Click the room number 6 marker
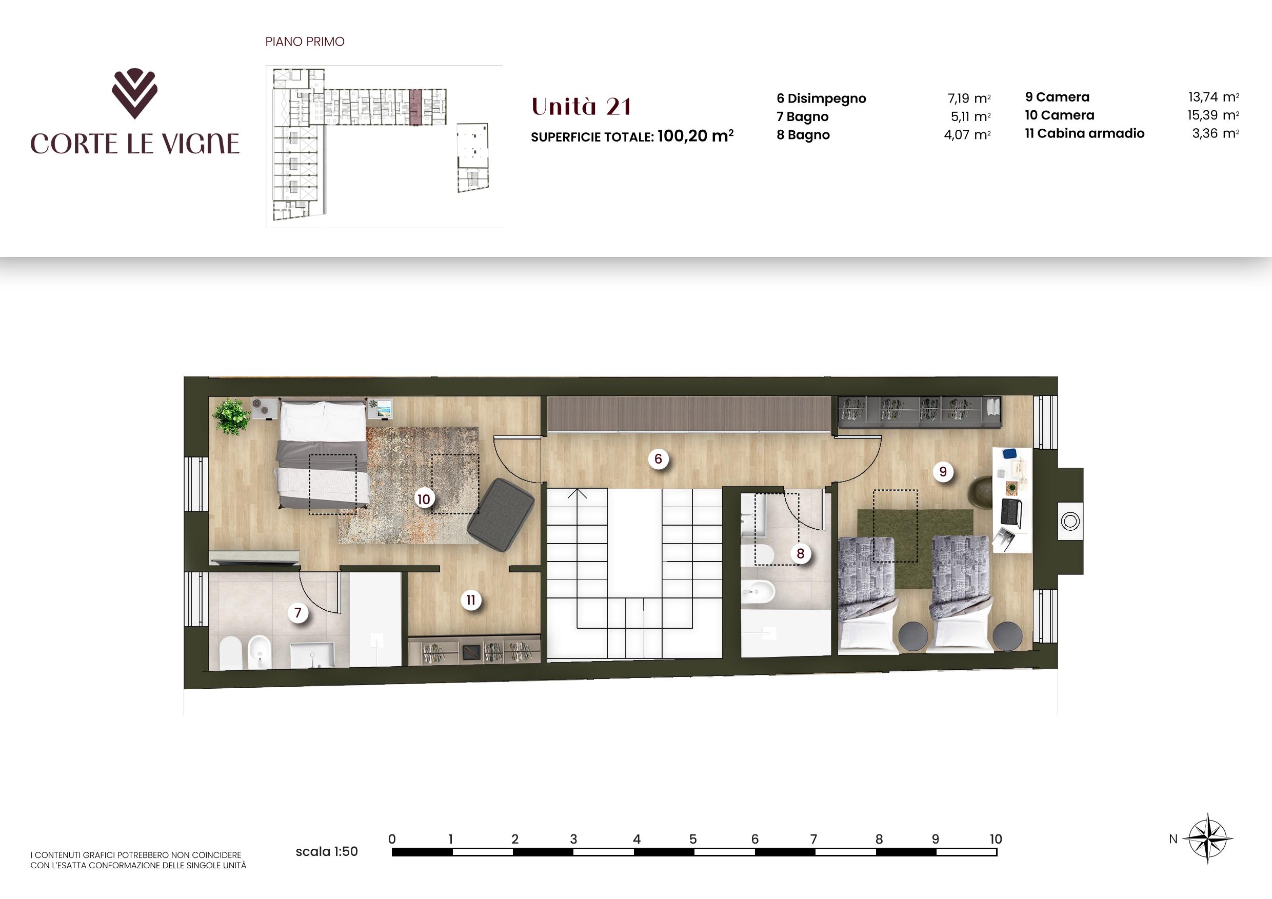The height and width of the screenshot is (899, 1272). pos(658,458)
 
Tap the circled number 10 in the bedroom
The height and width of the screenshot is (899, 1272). pos(423,499)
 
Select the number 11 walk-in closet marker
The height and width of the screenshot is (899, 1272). pos(470,600)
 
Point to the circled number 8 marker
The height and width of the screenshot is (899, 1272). pos(800,553)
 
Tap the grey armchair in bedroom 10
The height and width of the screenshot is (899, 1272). pos(500,514)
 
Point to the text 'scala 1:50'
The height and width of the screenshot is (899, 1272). pos(326,851)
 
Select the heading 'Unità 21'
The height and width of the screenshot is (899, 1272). pos(581,107)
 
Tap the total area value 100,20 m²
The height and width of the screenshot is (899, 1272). pos(695,136)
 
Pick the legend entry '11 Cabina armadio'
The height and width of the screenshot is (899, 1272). pos(1084,133)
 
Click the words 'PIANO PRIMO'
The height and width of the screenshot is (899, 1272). pos(305,42)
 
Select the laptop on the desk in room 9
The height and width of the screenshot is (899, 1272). pos(1011,512)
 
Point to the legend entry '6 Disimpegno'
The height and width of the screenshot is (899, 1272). pos(821,98)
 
